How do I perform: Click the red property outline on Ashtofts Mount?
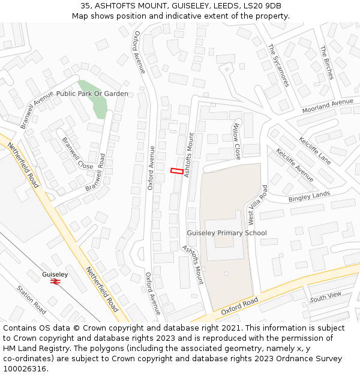(x=176, y=171)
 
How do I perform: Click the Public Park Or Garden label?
(x=92, y=94)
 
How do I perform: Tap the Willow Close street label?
(x=236, y=141)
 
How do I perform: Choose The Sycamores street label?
(x=278, y=65)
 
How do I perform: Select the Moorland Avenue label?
(x=328, y=106)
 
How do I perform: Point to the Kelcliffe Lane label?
(x=315, y=151)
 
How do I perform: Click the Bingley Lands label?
(x=309, y=196)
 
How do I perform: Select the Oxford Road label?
(x=239, y=305)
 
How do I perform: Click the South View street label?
(x=325, y=296)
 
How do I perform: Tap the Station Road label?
(x=32, y=299)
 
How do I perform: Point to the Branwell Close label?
(x=77, y=152)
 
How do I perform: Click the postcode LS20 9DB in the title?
(x=261, y=6)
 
